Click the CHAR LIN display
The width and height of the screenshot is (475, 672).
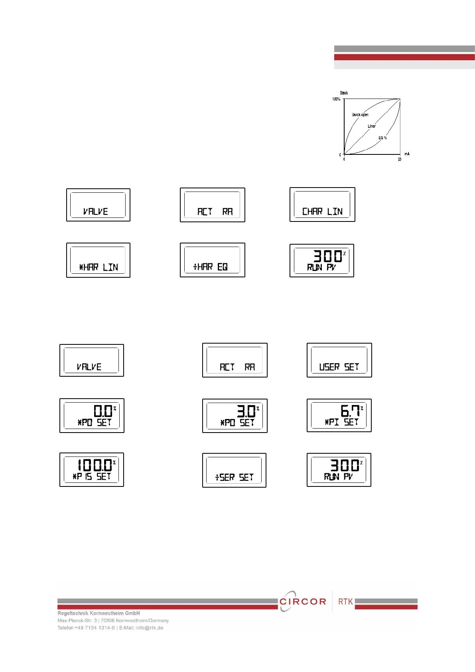322,205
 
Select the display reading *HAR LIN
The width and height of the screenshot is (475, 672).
98,260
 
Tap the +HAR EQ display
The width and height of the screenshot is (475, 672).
212,260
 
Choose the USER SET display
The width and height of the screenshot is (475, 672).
339,360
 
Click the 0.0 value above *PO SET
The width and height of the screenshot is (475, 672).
103,411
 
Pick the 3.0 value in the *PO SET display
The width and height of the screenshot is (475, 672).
246,411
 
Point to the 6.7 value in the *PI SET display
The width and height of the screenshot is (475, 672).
350,411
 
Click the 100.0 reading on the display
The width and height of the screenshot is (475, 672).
95,465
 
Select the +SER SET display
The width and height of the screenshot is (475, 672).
234,470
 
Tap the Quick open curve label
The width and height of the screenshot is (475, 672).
360,115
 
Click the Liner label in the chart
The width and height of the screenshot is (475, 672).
372,126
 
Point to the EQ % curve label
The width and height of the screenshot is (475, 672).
382,138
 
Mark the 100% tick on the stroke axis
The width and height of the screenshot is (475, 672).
336,99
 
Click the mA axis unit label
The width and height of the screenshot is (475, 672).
407,154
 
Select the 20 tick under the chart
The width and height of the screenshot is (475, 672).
400,159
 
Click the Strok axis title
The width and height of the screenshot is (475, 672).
344,93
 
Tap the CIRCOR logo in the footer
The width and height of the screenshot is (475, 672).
302,601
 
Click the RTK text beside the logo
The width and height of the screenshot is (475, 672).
345,601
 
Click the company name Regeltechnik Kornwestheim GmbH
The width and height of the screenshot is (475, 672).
99,613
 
